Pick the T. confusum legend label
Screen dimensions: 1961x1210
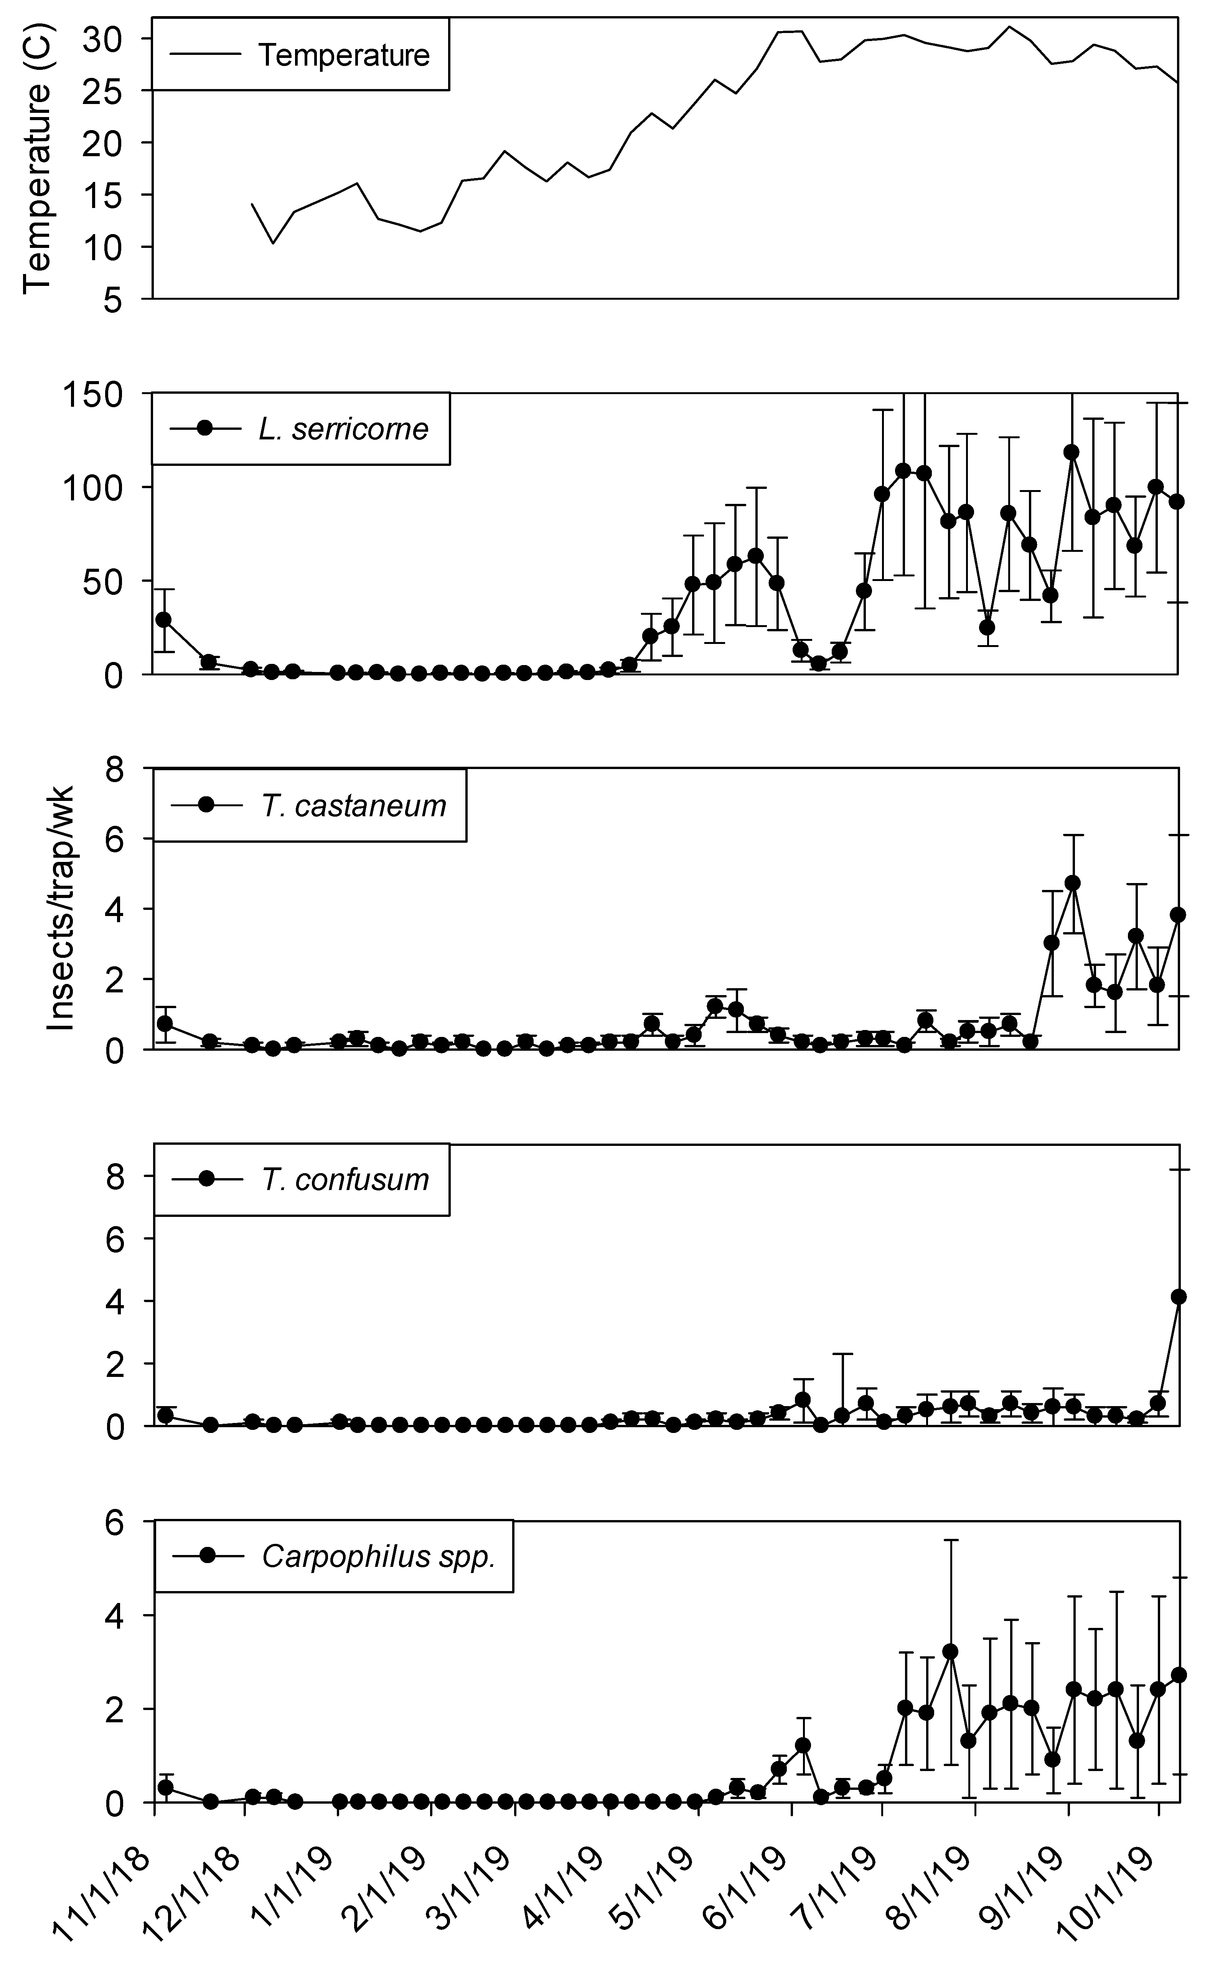point(345,1180)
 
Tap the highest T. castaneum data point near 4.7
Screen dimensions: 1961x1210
point(1072,883)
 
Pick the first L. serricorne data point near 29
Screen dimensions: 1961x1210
point(164,619)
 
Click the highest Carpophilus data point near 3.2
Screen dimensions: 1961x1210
point(950,1651)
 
